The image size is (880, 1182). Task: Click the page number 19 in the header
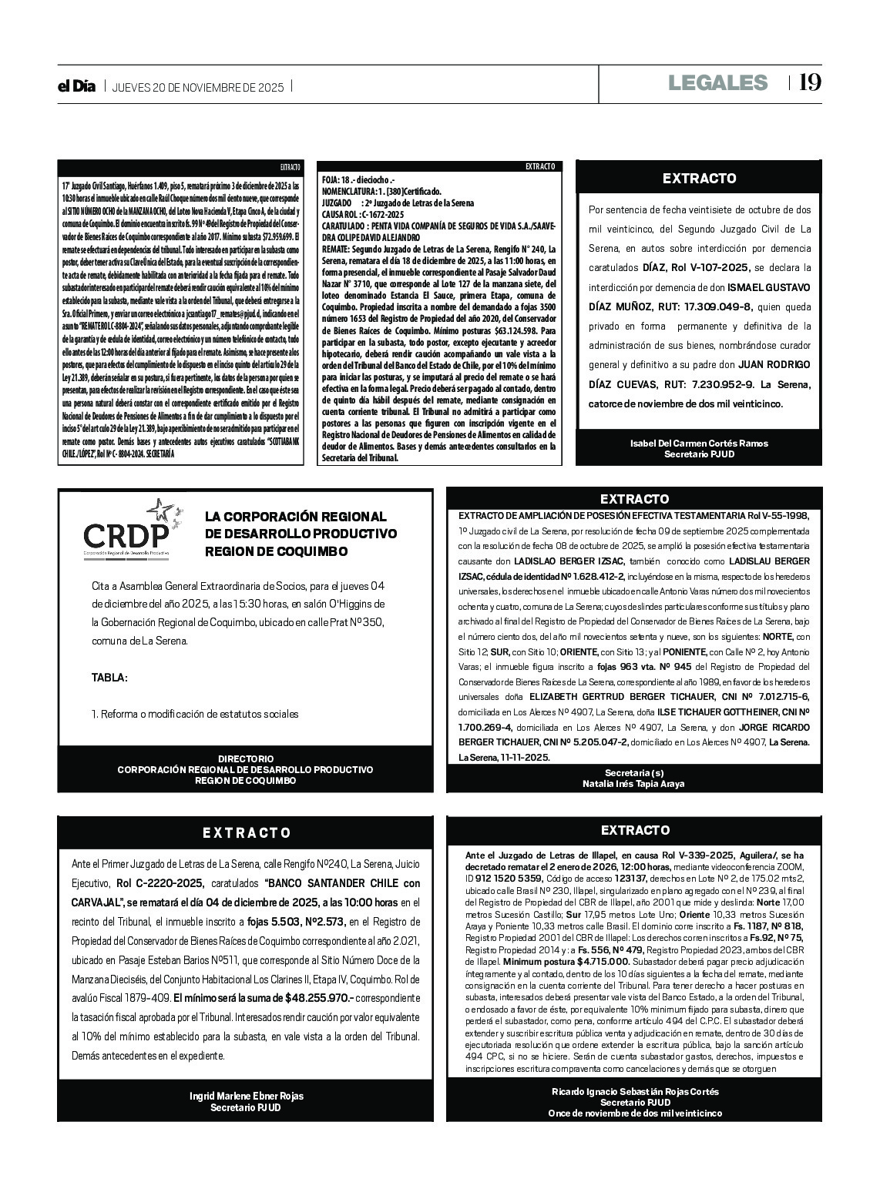(x=810, y=82)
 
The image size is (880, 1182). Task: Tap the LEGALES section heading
(x=717, y=82)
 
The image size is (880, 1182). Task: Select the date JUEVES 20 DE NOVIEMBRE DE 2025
(x=198, y=87)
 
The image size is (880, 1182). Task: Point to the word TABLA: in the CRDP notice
(x=109, y=678)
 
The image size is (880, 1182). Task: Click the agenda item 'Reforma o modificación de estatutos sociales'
(x=195, y=714)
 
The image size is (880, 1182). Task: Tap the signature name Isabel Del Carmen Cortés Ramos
(x=699, y=443)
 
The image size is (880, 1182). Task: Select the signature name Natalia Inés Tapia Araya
(x=633, y=783)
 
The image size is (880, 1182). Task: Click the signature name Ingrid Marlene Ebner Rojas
(x=246, y=1096)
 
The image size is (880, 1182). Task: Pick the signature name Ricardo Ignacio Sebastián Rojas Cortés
(x=634, y=1091)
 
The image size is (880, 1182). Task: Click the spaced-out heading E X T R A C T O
(x=247, y=832)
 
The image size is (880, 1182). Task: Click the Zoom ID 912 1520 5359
(x=508, y=877)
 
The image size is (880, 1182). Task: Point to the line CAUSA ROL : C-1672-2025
(x=362, y=213)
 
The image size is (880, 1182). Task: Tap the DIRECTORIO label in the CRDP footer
(x=245, y=758)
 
